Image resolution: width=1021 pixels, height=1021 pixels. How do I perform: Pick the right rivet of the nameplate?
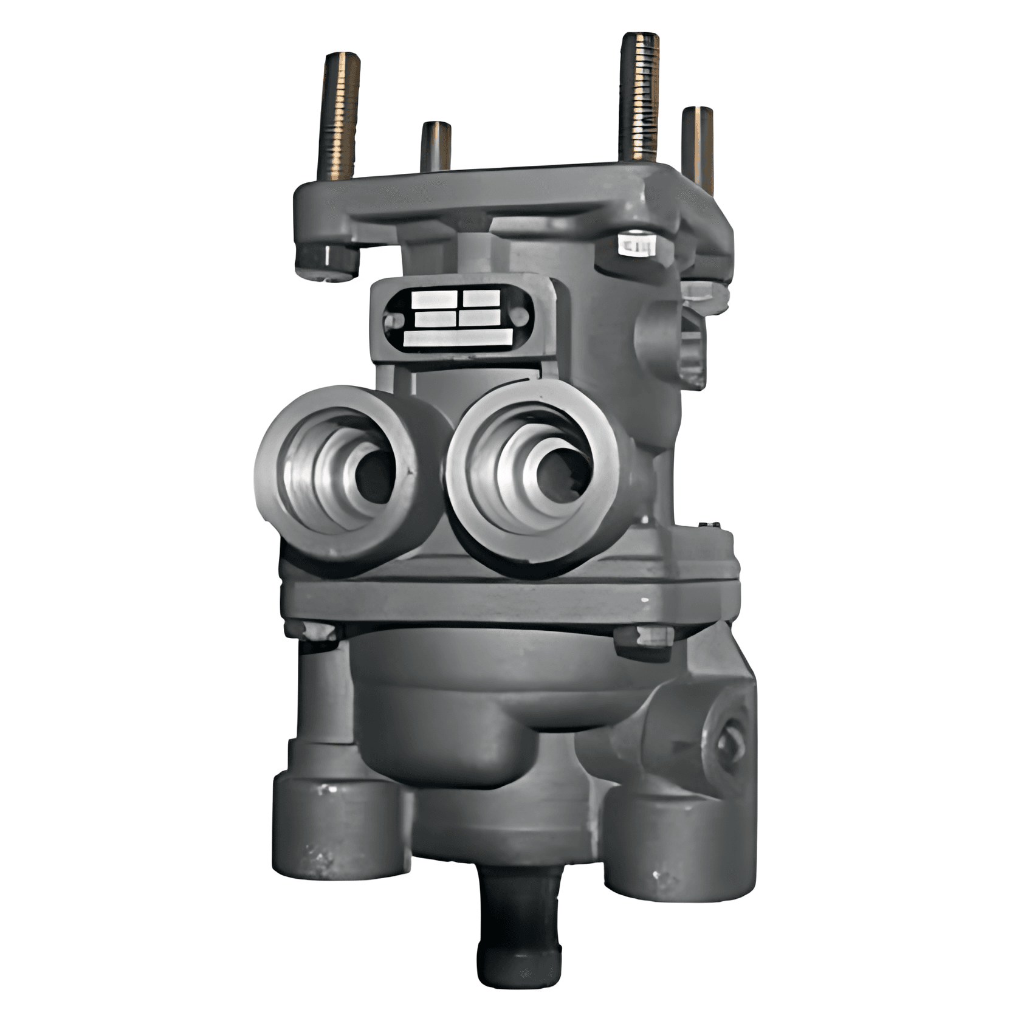(x=520, y=316)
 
